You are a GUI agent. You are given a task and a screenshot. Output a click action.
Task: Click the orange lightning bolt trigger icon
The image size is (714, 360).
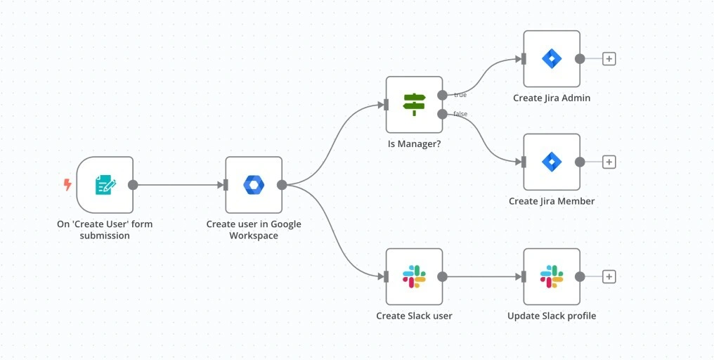click(x=67, y=185)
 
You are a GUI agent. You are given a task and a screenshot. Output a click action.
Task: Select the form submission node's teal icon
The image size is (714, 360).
click(x=105, y=185)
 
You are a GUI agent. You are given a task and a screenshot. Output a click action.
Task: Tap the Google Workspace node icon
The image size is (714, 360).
click(x=254, y=185)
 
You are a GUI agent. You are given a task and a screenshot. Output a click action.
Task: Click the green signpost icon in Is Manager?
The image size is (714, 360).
click(x=414, y=105)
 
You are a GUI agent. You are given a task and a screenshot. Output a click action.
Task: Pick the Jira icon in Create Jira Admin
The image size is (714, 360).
click(x=552, y=58)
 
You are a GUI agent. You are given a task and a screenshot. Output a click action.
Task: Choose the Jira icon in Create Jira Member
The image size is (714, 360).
click(x=552, y=162)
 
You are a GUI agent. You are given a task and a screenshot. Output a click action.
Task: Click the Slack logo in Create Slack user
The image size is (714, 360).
click(x=414, y=276)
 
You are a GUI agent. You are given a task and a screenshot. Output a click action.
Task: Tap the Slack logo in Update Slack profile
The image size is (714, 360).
click(x=552, y=276)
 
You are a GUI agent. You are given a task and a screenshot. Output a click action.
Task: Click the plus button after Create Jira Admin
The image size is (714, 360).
click(x=609, y=58)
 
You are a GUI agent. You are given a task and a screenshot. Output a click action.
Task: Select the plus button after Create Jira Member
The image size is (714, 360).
click(x=609, y=162)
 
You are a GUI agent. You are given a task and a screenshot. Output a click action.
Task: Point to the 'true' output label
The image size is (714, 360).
click(x=460, y=95)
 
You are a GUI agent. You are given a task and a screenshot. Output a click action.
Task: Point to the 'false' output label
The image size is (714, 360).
click(x=460, y=114)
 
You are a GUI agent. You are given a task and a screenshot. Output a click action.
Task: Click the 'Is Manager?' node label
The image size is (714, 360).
click(x=414, y=143)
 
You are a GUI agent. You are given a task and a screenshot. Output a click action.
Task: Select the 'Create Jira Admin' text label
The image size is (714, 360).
click(x=552, y=98)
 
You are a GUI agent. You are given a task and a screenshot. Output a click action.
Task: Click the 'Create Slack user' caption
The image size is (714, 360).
click(x=414, y=316)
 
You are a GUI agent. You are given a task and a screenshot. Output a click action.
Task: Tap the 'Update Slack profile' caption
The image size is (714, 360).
click(x=552, y=316)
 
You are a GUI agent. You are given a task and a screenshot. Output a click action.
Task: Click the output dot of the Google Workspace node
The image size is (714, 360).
click(x=282, y=185)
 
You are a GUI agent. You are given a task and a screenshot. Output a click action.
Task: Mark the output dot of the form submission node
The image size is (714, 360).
click(x=133, y=185)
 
